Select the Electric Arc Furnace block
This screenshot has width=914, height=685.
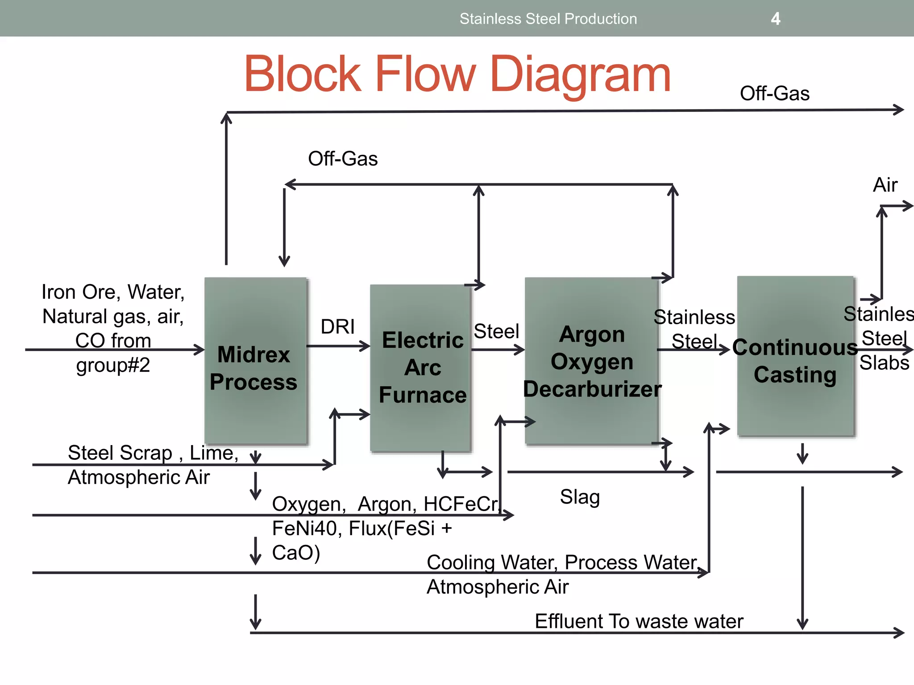pyautogui.click(x=421, y=368)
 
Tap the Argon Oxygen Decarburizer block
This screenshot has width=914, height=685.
pyautogui.click(x=591, y=361)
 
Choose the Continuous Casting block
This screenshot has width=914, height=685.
pyautogui.click(x=795, y=357)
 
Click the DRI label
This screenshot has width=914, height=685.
pyautogui.click(x=337, y=327)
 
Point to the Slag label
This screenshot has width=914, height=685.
pyautogui.click(x=580, y=497)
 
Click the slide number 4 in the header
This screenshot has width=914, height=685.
pyautogui.click(x=776, y=19)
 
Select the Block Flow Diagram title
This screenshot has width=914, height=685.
pyautogui.click(x=457, y=74)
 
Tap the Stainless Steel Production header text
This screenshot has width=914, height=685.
pyautogui.click(x=548, y=19)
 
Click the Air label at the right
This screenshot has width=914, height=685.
pyautogui.click(x=885, y=185)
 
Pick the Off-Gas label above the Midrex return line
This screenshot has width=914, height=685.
pyautogui.click(x=343, y=159)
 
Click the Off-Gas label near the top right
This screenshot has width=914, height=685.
pyautogui.click(x=774, y=94)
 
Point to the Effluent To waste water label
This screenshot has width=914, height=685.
pyautogui.click(x=639, y=621)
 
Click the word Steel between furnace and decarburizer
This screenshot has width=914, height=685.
pyautogui.click(x=496, y=331)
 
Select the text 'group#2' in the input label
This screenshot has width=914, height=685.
pyautogui.click(x=113, y=365)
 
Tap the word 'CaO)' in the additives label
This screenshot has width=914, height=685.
pyautogui.click(x=296, y=553)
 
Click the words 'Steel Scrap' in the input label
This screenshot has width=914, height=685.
pyautogui.click(x=120, y=453)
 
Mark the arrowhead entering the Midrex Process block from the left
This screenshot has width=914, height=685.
pyautogui.click(x=200, y=350)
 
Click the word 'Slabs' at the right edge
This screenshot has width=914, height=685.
pyautogui.click(x=884, y=363)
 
